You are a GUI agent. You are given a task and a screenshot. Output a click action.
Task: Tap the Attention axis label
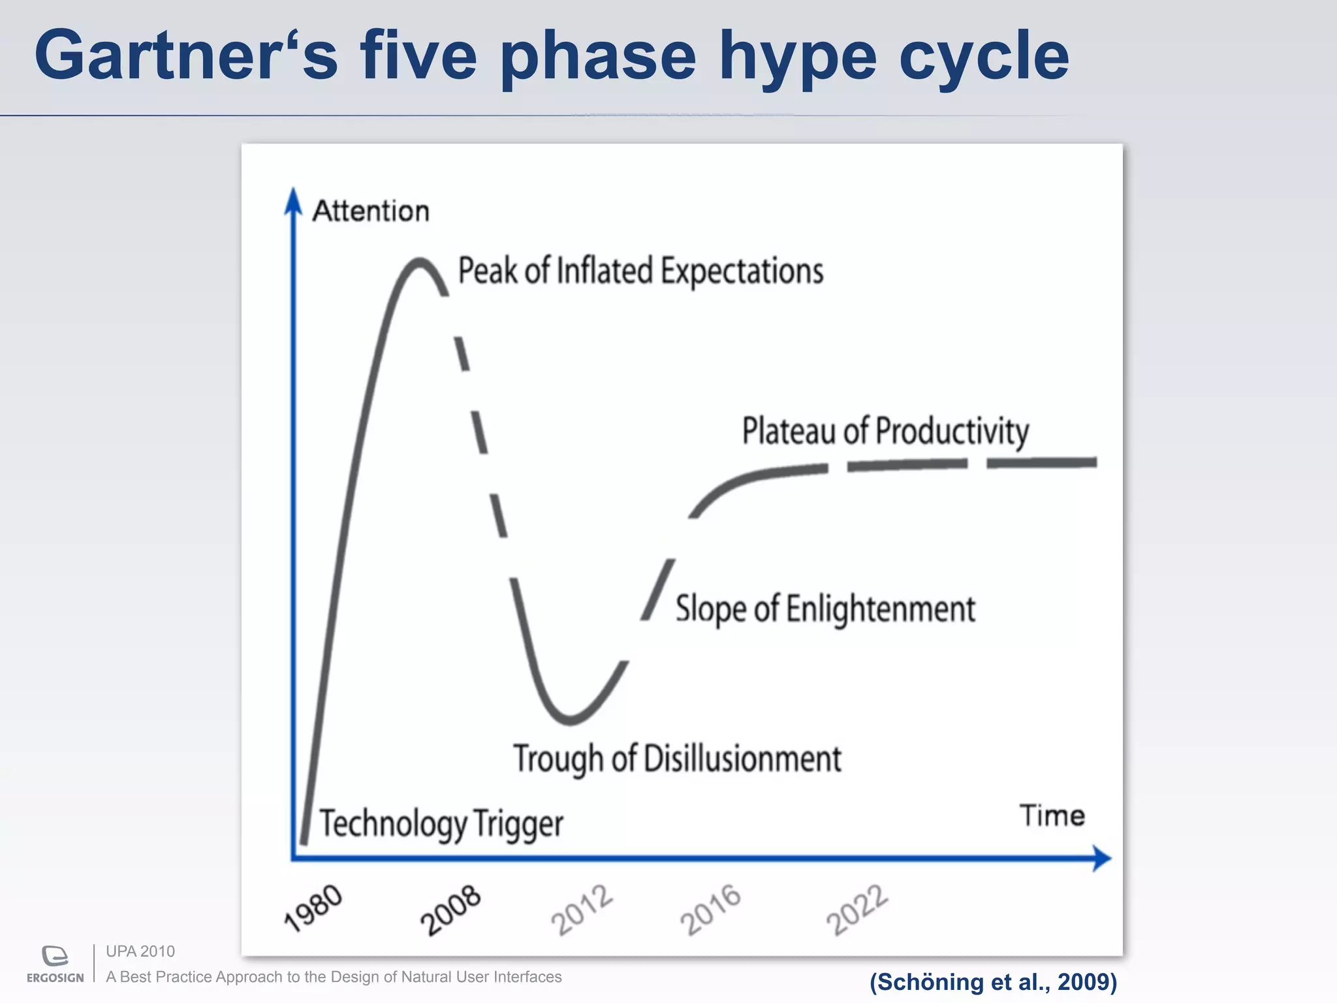370,211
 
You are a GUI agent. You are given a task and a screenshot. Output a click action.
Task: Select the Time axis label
1052,816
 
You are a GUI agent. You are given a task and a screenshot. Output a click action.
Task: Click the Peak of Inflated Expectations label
640,270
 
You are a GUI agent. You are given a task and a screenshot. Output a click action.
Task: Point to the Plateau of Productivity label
885,431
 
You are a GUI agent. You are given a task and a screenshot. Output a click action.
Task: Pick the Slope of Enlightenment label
825,609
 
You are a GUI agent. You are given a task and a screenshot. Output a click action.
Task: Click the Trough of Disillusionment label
677,759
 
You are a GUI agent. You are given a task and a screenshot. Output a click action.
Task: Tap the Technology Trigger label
441,823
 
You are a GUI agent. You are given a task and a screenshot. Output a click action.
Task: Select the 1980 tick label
313,908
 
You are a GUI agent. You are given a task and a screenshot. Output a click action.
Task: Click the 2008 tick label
450,910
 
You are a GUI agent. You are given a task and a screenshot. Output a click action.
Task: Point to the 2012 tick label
582,910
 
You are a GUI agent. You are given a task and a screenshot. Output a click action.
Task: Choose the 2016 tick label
711,910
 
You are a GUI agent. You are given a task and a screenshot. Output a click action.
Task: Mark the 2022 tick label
857,910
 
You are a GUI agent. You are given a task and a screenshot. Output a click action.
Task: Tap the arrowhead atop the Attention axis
293,200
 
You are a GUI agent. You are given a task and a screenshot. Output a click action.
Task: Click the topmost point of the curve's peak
418,261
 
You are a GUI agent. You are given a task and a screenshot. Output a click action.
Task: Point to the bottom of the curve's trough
570,721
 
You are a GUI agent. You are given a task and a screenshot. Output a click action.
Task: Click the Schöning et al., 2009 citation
993,981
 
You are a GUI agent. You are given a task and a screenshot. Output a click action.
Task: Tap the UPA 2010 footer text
140,951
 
